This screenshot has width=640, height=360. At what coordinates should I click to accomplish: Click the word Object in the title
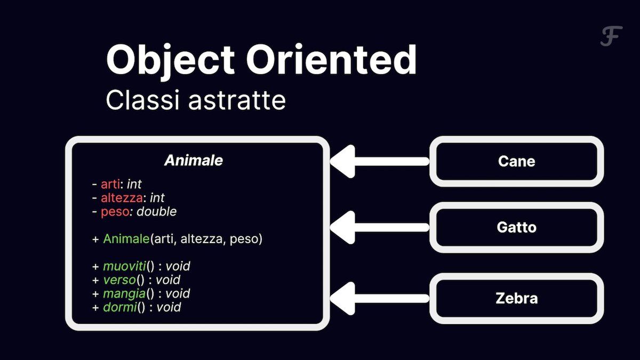170,61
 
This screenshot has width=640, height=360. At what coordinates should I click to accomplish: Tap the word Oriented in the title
331,59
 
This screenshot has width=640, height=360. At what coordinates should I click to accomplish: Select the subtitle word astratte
237,100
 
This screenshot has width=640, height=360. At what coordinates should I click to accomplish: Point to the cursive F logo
611,36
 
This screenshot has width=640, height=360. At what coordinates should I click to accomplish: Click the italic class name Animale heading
194,161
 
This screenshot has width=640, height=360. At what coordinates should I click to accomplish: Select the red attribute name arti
110,185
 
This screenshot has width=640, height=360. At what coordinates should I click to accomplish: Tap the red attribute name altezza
122,198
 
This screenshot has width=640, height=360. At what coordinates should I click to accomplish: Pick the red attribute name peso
115,212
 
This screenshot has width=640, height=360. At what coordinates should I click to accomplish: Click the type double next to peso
156,212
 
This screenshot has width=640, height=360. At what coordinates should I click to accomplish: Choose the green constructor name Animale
126,239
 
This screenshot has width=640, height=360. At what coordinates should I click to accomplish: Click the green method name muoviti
125,266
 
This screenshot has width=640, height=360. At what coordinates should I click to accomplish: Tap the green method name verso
119,280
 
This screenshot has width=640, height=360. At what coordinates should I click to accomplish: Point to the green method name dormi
119,307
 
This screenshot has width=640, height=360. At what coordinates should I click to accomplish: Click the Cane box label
517,162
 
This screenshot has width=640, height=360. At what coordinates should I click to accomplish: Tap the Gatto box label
517,227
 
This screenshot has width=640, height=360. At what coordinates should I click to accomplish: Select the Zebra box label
517,299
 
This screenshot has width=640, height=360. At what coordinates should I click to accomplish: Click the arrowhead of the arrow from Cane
343,162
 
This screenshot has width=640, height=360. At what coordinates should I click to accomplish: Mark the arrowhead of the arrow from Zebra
343,299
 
